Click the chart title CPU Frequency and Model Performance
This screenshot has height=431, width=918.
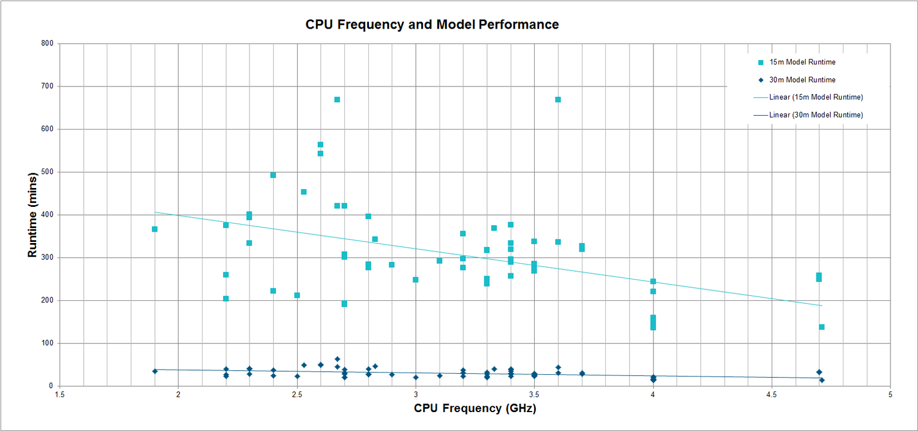click(432, 25)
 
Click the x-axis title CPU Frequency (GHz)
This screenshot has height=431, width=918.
click(475, 408)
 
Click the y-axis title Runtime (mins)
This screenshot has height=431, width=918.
click(33, 215)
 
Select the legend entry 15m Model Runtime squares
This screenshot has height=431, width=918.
click(802, 62)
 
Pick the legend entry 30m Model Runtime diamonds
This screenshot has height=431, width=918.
click(802, 80)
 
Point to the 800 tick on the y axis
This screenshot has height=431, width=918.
click(47, 43)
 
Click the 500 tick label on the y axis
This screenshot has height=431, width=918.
click(47, 171)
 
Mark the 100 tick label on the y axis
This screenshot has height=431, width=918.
click(47, 343)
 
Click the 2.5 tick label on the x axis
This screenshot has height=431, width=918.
click(297, 394)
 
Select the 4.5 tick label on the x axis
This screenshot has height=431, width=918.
click(771, 394)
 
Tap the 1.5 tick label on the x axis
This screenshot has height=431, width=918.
click(60, 394)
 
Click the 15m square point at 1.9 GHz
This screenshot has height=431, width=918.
click(154, 229)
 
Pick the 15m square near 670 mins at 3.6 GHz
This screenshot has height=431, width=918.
click(558, 100)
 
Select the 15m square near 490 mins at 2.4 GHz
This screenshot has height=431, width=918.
click(273, 175)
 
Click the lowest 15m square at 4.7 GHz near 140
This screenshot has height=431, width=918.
click(822, 327)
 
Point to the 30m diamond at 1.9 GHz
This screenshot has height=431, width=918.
click(154, 371)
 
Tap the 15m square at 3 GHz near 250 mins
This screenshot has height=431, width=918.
click(415, 280)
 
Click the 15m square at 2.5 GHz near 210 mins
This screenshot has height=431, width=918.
click(297, 296)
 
